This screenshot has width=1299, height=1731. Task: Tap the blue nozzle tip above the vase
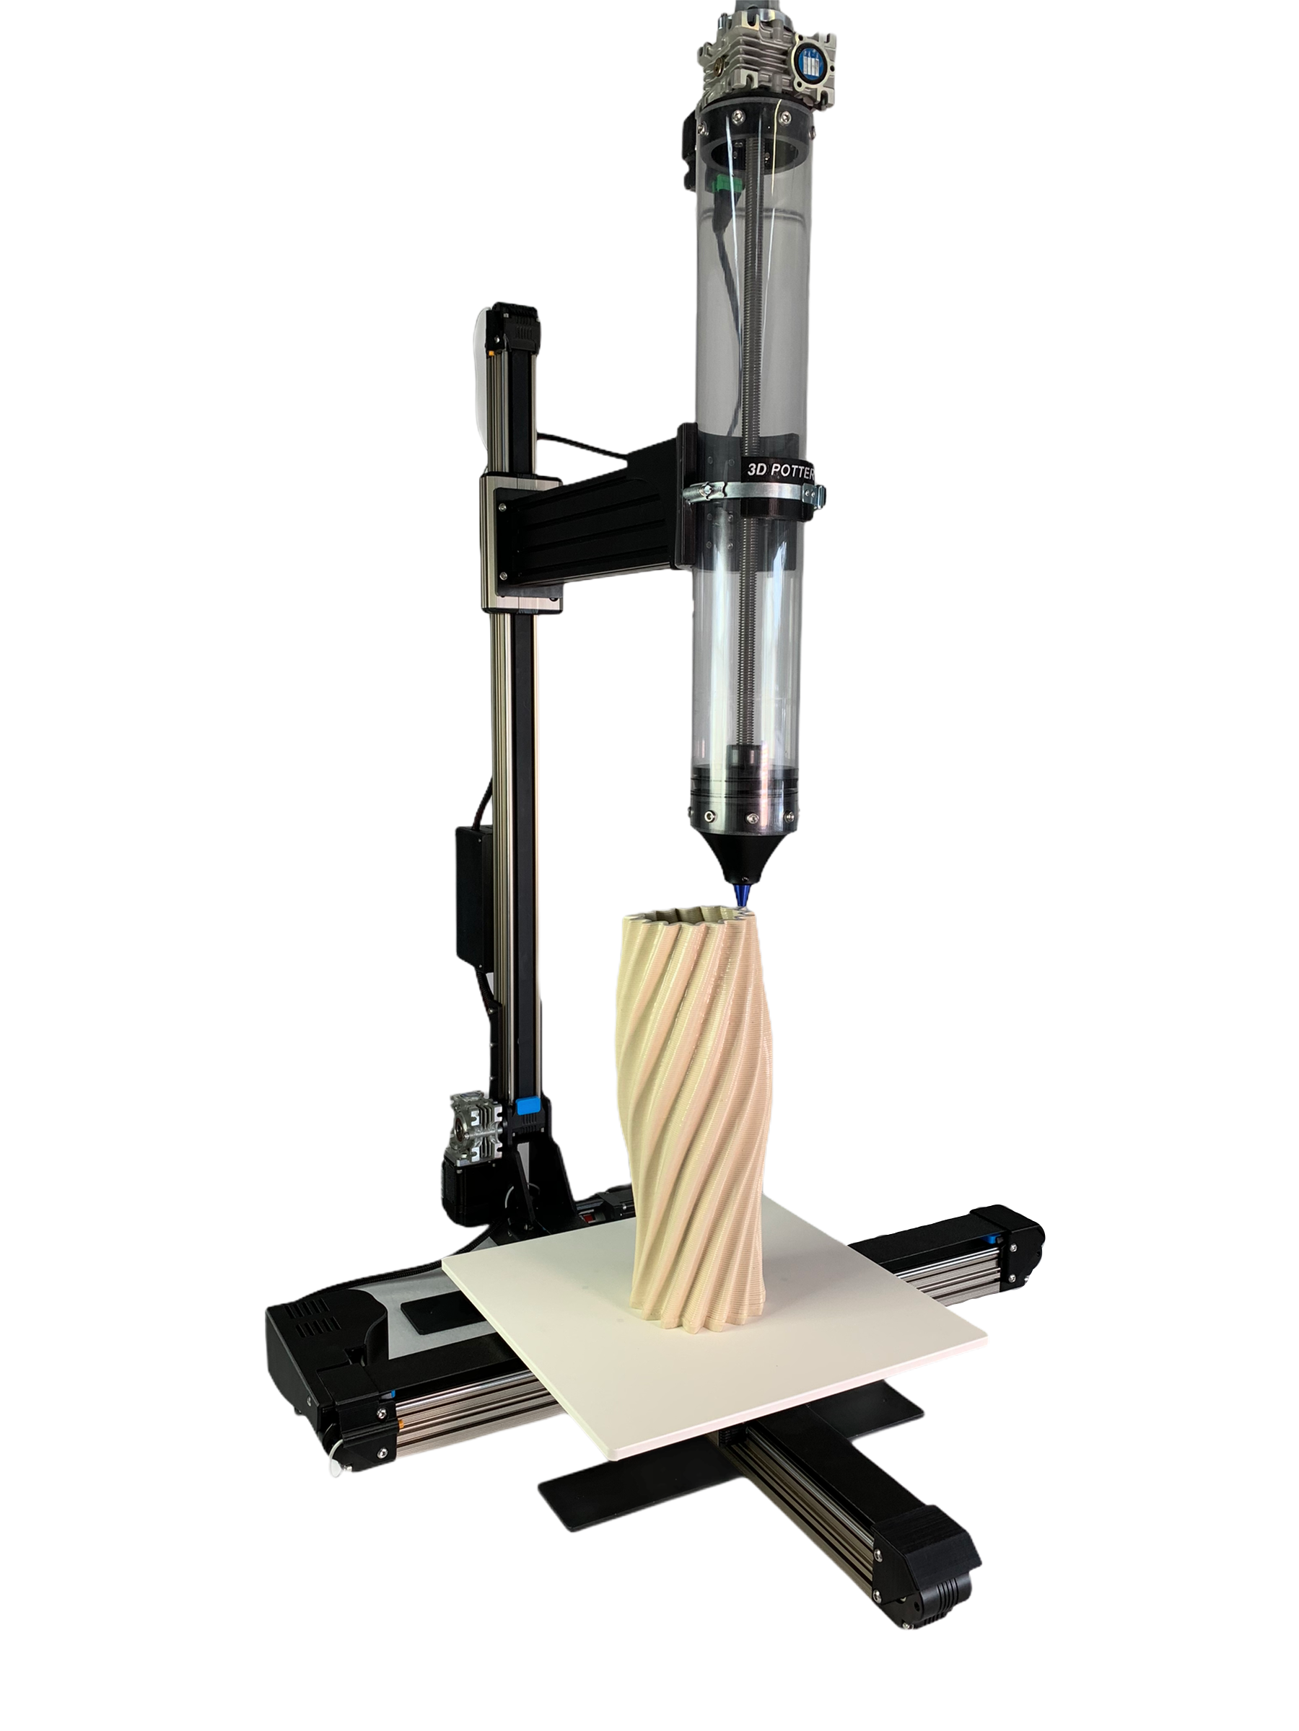point(739,891)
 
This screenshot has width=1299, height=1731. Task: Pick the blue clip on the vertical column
point(525,1107)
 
